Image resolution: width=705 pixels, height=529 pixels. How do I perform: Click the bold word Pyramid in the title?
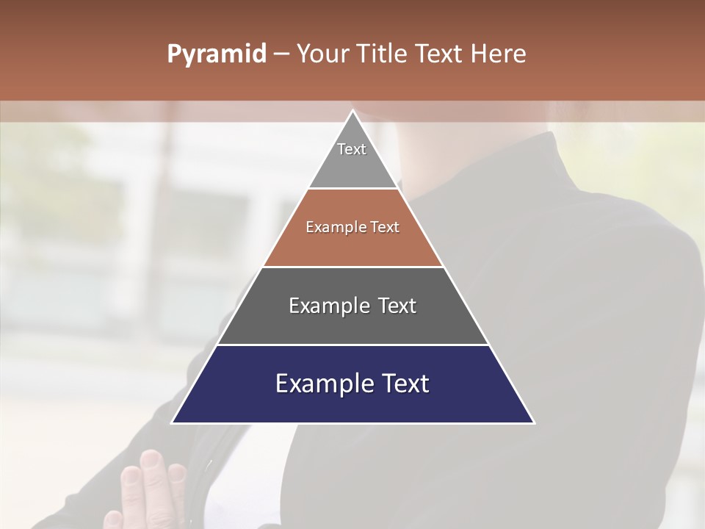[x=217, y=54]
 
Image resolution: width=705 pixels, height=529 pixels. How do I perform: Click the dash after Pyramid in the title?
[x=281, y=54]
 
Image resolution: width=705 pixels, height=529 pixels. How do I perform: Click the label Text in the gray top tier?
[x=352, y=149]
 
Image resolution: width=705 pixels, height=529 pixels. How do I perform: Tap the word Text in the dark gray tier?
[x=397, y=306]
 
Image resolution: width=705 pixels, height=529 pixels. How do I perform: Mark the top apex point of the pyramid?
[x=353, y=111]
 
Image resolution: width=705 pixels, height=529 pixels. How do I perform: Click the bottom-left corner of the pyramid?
[x=173, y=422]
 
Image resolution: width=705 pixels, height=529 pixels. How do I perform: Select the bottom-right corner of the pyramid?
[x=534, y=422]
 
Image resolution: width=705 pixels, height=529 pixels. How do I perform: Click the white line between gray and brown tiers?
[x=353, y=189]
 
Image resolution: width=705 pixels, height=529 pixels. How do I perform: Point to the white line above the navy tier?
[x=353, y=345]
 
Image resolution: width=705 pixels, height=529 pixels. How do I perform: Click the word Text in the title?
[x=440, y=54]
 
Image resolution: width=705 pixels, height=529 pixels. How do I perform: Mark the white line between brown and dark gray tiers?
[x=353, y=267]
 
